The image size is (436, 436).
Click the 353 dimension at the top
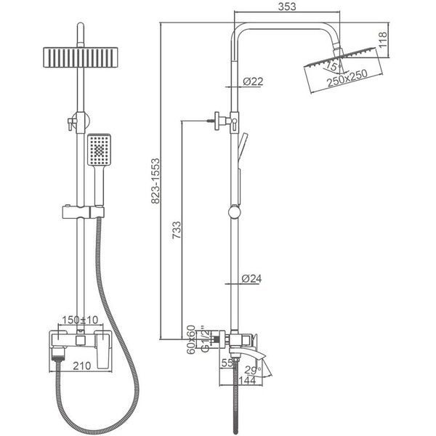[287, 7]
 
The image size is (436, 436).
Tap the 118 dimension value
[383, 40]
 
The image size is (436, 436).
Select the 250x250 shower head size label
[347, 78]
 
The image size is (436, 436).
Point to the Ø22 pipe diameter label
[253, 81]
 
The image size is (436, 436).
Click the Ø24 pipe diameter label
[251, 278]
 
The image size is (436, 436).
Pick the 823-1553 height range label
[156, 181]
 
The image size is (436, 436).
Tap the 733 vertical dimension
[177, 230]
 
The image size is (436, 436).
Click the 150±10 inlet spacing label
[80, 320]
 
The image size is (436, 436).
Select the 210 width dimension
[82, 366]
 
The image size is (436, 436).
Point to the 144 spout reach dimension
[246, 380]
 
